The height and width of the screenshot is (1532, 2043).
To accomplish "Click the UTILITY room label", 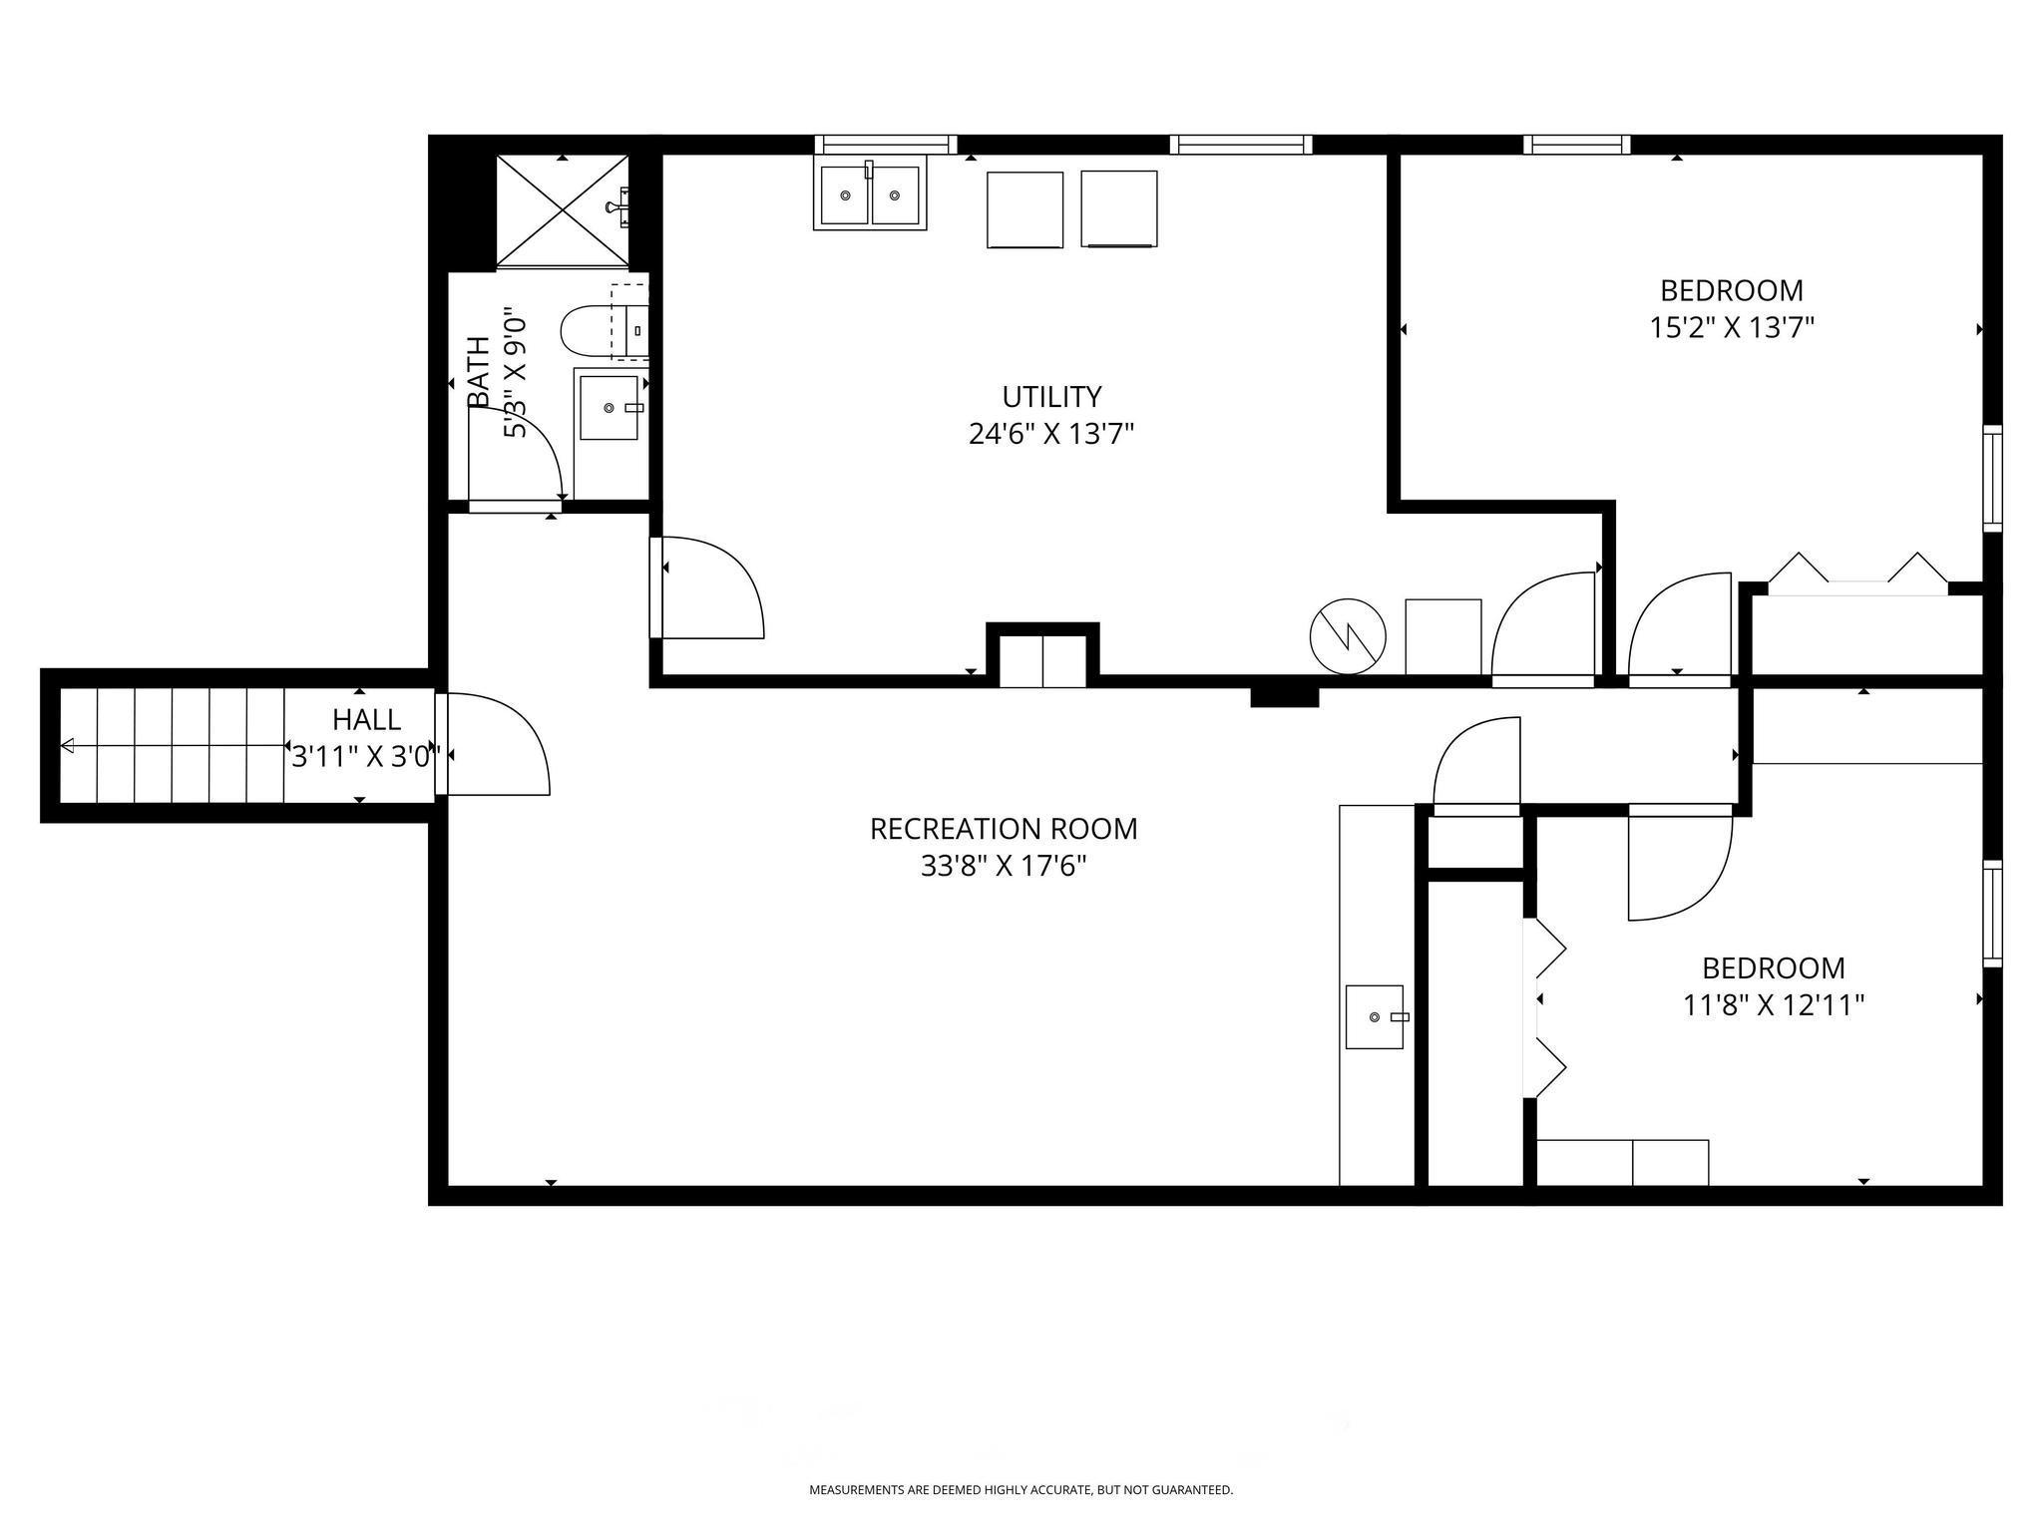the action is tap(1051, 397).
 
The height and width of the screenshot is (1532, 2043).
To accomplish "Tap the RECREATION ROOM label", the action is tap(1004, 829).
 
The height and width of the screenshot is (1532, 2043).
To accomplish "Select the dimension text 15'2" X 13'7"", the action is tap(1732, 327).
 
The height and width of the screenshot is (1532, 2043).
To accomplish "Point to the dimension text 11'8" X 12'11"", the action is tap(1774, 1004).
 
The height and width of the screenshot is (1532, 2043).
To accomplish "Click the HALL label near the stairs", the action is tap(367, 719).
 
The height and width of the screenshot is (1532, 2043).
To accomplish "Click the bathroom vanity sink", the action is tap(609, 407).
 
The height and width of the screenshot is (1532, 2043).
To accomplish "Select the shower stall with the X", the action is tap(563, 210).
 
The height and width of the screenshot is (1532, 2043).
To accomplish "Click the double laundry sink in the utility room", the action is tap(870, 195).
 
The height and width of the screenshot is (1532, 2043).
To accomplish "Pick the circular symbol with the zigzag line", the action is tap(1348, 635).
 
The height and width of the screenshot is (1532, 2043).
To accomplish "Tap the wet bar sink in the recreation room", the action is tap(1375, 1016).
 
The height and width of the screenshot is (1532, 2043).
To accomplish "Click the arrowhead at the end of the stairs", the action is tap(68, 745).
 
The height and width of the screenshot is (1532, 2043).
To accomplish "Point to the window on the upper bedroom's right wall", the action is tap(1992, 479).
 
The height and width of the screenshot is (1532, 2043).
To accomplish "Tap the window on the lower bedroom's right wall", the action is tap(1992, 914).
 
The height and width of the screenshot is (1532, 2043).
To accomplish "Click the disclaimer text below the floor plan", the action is tap(1021, 1490).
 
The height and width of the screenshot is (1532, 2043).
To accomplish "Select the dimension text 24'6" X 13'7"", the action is tap(1051, 434).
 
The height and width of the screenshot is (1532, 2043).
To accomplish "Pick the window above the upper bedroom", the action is tap(1577, 145).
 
